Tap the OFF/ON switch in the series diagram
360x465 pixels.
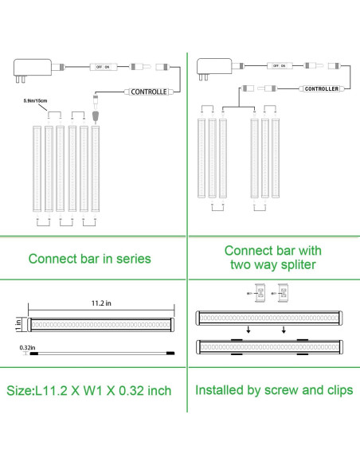point(101,68)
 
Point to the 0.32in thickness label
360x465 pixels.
point(26,347)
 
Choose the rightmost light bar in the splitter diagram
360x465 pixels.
point(276,158)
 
